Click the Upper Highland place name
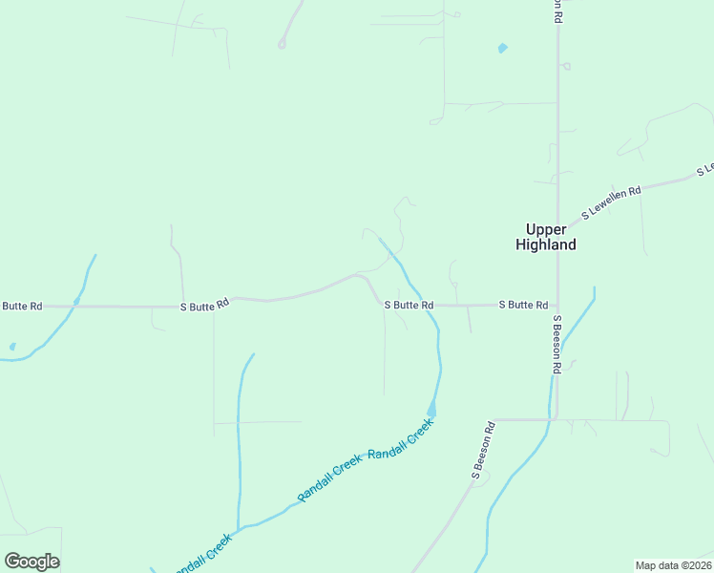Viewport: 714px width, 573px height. click(546, 237)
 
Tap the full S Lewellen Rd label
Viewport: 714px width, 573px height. click(612, 202)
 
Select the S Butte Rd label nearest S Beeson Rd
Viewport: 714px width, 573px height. click(523, 305)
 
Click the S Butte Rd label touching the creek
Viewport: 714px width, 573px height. click(409, 305)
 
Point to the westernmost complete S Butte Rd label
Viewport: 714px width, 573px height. click(205, 305)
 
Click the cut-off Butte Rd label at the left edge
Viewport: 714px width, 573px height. click(21, 307)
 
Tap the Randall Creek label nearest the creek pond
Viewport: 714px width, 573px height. click(401, 440)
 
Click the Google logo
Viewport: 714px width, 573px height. click(32, 561)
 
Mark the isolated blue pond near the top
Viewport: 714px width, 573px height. click(502, 48)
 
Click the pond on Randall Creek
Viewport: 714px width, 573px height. click(431, 410)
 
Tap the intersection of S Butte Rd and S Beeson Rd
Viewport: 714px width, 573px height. click(557, 306)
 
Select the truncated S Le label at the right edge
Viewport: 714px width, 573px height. click(705, 169)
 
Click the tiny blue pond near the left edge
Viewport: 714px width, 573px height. click(11, 347)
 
